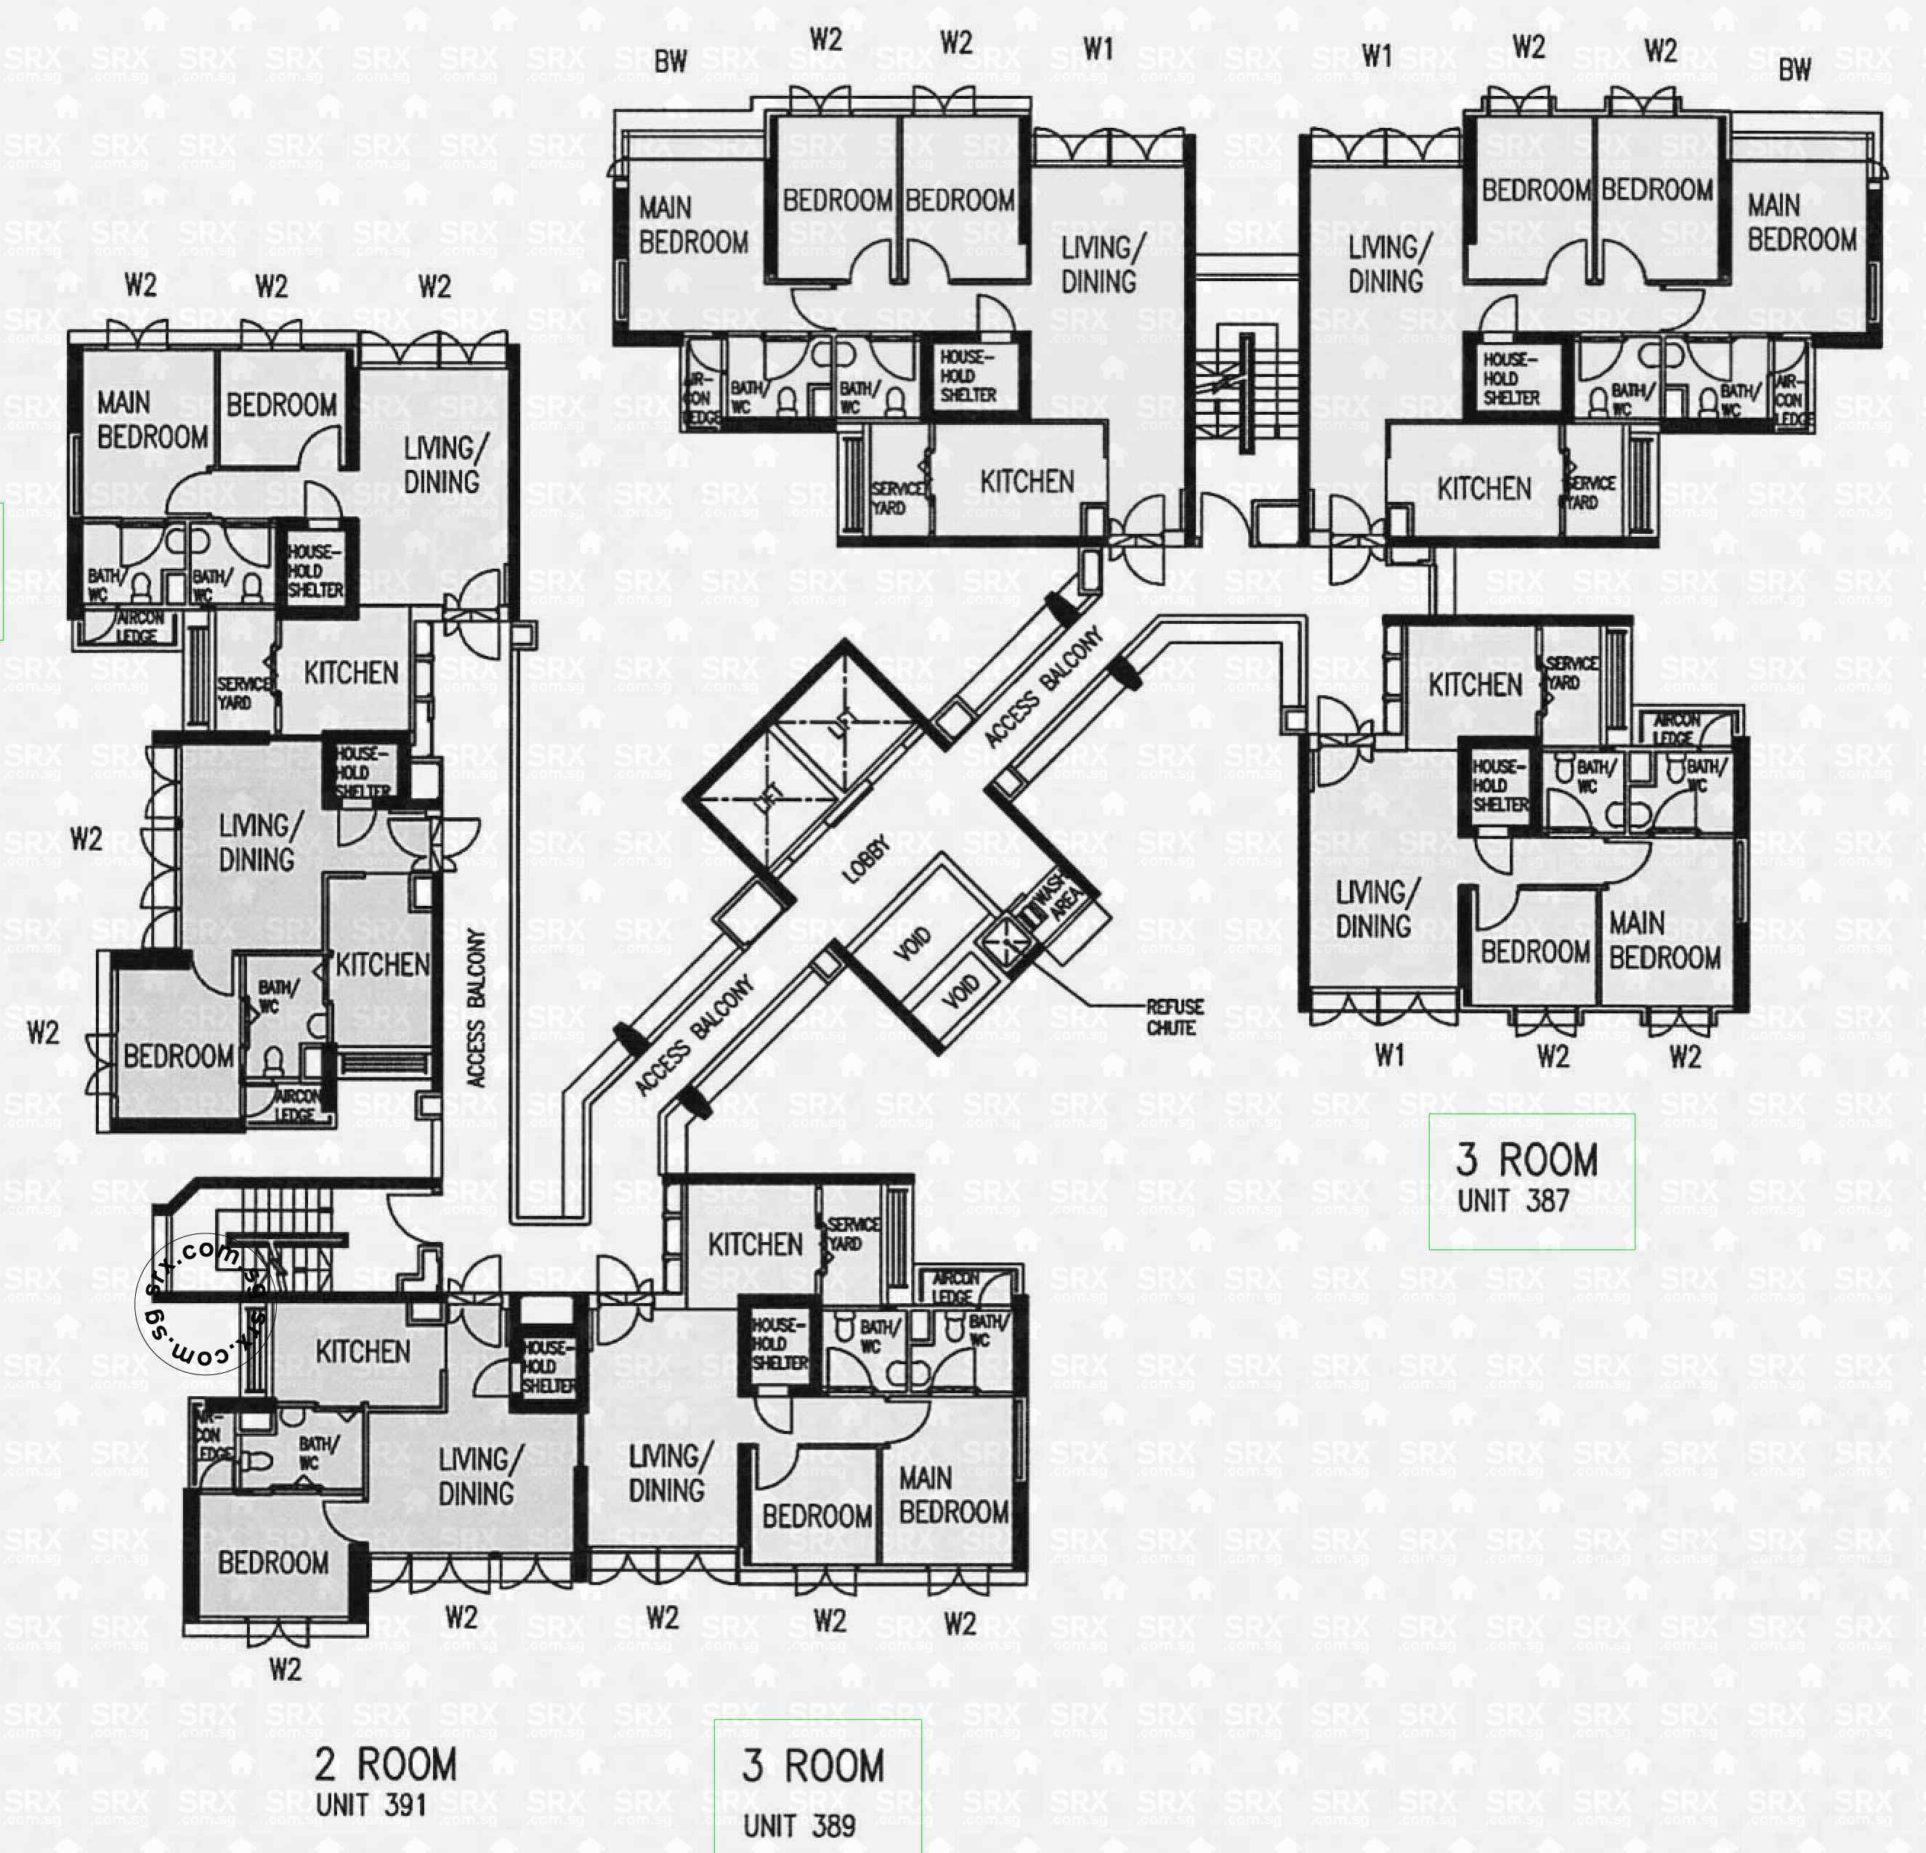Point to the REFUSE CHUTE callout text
(x=1174, y=1017)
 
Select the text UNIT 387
(x=1513, y=1200)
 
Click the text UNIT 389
(x=799, y=1825)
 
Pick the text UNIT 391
(x=371, y=1805)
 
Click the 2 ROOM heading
(x=385, y=1764)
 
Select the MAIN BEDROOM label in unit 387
(x=1664, y=940)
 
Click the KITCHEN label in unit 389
(x=755, y=1245)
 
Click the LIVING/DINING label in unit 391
(x=476, y=1477)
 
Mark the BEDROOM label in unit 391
(x=273, y=1562)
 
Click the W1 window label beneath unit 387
(x=1388, y=1056)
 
